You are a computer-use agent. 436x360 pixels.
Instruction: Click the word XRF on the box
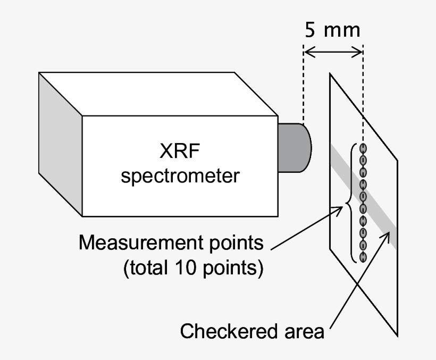tap(179, 152)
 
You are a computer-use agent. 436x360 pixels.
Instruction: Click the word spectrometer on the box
tap(180, 175)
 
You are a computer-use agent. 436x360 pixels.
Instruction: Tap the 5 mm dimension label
tap(332, 29)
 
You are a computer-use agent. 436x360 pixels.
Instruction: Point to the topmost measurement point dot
tap(364, 148)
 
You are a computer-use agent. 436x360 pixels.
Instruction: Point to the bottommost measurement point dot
tap(364, 257)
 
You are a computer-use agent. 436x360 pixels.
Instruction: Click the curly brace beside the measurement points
tap(349, 203)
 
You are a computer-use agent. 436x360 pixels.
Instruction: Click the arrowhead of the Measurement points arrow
tap(341, 210)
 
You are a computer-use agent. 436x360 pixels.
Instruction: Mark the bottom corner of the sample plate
tap(398, 336)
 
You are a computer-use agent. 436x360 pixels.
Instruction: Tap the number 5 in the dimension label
tap(309, 29)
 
